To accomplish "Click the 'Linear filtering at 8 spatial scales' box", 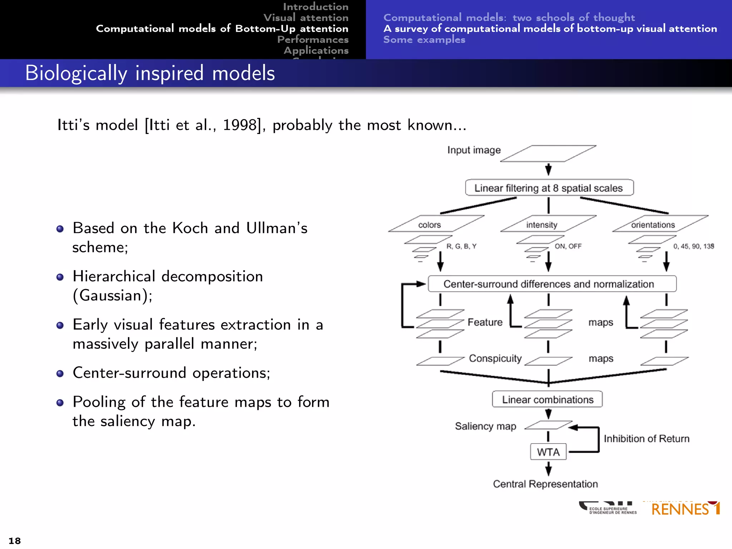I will pos(549,188).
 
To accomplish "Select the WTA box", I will pos(548,452).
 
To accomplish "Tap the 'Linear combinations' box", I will pos(547,399).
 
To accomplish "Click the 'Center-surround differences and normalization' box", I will pos(552,284).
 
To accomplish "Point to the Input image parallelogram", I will pos(548,153).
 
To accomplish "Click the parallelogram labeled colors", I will pos(436,224).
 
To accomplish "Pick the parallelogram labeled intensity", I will pos(548,224).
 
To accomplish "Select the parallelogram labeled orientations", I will pos(660,224).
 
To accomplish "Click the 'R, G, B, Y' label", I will pos(461,246).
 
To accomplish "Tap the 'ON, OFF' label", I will pos(568,246).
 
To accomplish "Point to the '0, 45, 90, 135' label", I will pos(693,246).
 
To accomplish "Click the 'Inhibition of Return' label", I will pos(646,439).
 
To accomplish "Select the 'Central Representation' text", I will pos(545,484).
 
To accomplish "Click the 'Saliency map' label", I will pos(485,426).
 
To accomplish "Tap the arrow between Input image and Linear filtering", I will pos(548,169).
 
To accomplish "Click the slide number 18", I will pos(15,540).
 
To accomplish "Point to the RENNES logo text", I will pos(680,509).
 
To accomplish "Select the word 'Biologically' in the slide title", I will pos(76,74).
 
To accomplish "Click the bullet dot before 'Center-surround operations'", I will pos(60,374).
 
